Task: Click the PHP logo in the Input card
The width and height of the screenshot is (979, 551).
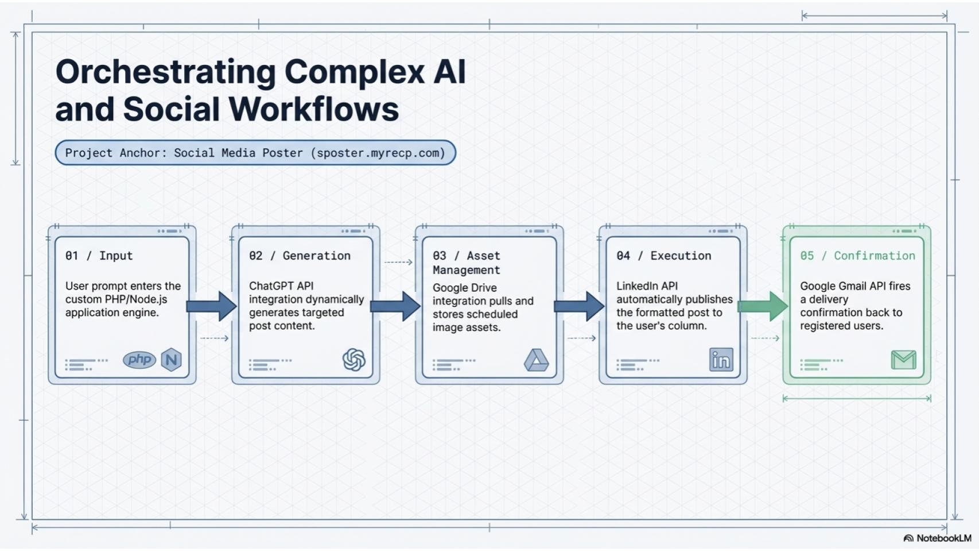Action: pos(139,360)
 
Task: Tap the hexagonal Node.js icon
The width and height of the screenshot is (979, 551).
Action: pos(172,360)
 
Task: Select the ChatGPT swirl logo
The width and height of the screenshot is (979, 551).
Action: pos(354,360)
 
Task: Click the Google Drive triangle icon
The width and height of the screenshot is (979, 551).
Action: pos(536,360)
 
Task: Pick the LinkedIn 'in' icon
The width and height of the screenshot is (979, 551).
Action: pos(721,360)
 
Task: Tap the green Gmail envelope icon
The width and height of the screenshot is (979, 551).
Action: pos(903,360)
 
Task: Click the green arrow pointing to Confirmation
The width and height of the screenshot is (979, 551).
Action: pos(763,306)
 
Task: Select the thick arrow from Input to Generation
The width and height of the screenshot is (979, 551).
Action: pos(212,306)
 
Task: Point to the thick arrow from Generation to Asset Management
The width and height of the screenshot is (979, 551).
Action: pos(395,306)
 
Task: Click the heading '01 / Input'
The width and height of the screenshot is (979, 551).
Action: pos(99,256)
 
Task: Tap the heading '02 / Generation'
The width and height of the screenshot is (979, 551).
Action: pos(300,256)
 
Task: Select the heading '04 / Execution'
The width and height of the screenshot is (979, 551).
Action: pos(664,256)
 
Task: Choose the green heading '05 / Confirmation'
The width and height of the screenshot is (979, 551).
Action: pos(857,256)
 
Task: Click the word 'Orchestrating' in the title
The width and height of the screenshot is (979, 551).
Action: pos(166,72)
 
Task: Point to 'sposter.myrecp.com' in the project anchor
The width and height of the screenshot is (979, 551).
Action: pos(378,153)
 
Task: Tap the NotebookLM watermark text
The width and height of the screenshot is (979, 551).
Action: pos(944,538)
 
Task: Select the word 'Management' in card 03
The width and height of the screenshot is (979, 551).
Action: pos(467,270)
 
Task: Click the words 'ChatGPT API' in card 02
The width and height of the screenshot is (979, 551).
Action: pos(281,286)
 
